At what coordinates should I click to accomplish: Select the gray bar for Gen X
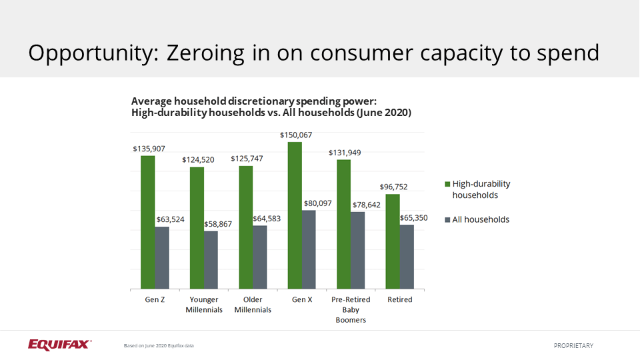coord(309,249)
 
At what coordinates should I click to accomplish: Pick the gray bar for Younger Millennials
coord(211,260)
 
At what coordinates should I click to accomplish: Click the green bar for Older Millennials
coord(246,227)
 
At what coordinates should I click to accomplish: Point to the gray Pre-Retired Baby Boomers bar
coord(358,250)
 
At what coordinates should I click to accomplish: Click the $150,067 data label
coord(295,135)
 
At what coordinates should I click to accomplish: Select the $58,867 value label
coord(218,224)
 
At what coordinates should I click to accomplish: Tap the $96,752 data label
coord(393,187)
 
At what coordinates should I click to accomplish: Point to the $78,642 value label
coord(367,205)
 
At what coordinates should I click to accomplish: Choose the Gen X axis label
coord(302,300)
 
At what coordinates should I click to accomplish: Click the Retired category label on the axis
coord(400,300)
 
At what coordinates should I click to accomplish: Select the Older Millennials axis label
coord(253,305)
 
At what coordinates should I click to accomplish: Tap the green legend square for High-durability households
coord(447,184)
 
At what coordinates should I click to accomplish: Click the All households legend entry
coord(480,219)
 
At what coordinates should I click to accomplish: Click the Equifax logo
coord(59,344)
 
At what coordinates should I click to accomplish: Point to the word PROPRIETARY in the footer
coord(573,345)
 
